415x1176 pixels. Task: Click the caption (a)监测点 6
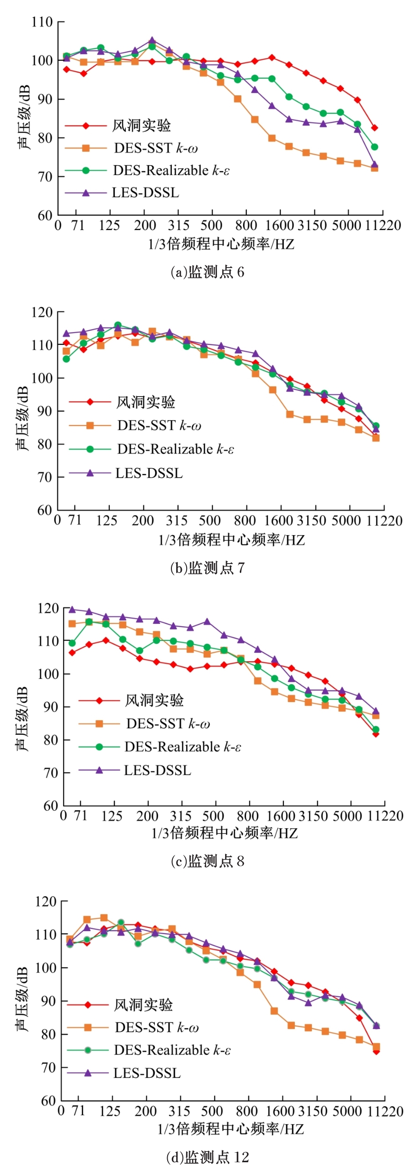tap(207, 272)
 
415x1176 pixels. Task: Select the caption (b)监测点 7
tap(207, 567)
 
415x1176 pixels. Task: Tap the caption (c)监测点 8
tap(207, 861)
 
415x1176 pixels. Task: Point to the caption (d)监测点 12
tap(207, 1157)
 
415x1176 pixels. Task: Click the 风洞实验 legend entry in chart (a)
tap(141, 126)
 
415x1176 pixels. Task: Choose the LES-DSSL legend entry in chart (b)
tap(149, 473)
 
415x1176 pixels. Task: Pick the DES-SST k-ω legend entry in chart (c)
tap(168, 723)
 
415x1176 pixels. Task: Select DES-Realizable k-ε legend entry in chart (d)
tap(172, 1050)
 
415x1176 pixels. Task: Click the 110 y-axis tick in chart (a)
tap(42, 22)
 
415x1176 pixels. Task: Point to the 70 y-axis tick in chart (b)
tap(45, 477)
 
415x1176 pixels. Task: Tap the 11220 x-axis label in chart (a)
tap(383, 225)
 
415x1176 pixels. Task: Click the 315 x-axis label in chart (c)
tap(181, 816)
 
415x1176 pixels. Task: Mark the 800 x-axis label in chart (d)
tap(246, 1111)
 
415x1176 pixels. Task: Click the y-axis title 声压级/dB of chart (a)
tap(24, 117)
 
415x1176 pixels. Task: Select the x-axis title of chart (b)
tap(231, 539)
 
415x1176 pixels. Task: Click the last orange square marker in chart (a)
tap(375, 168)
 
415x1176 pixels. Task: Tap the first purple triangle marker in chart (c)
tap(72, 609)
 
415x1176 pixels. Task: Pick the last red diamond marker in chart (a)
tap(375, 128)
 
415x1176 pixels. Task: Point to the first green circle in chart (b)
tap(66, 359)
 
